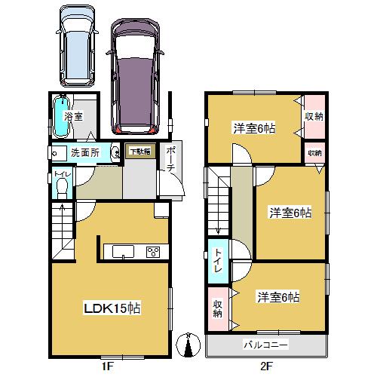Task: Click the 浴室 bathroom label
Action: pyautogui.click(x=73, y=117)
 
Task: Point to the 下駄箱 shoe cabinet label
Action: pyautogui.click(x=139, y=152)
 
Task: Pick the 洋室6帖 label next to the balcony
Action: pyautogui.click(x=279, y=296)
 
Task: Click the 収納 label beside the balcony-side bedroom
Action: pyautogui.click(x=217, y=308)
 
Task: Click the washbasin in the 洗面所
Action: pyautogui.click(x=115, y=153)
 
